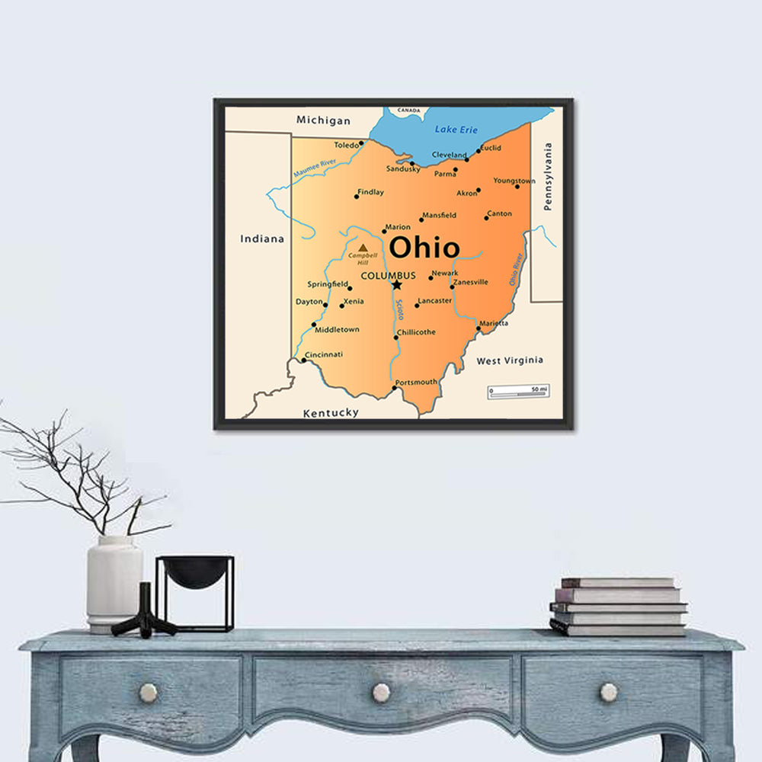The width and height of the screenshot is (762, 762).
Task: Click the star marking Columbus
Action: pos(397,285)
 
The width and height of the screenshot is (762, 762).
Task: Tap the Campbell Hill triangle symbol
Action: pos(363,248)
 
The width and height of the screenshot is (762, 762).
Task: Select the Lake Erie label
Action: pos(456,130)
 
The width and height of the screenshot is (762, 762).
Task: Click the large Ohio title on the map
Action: pos(424,248)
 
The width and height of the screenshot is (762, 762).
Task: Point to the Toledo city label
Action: pos(346,145)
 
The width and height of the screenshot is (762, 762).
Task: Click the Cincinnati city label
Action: pos(324,354)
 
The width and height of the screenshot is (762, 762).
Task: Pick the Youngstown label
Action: pos(514,181)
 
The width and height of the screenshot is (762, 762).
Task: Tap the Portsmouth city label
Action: pos(417,382)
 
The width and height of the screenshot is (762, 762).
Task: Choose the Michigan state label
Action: pos(323,120)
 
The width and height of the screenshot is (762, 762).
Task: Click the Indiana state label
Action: pos(262,239)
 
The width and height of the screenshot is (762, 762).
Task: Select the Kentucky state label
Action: pos(331,412)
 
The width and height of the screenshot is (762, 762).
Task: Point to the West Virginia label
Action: pos(510,360)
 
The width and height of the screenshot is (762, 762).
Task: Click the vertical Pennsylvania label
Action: pos(548,177)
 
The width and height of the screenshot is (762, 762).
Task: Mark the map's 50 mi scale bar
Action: pos(518,392)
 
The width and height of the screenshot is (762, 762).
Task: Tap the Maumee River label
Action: pos(314,168)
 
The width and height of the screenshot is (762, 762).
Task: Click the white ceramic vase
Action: pos(114,583)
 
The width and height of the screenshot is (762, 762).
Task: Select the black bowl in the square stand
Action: pos(195,572)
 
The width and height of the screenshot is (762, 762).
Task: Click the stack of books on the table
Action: pos(618,607)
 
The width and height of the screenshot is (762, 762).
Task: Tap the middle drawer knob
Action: pos(381,693)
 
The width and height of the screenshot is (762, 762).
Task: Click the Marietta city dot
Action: pos(479,328)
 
